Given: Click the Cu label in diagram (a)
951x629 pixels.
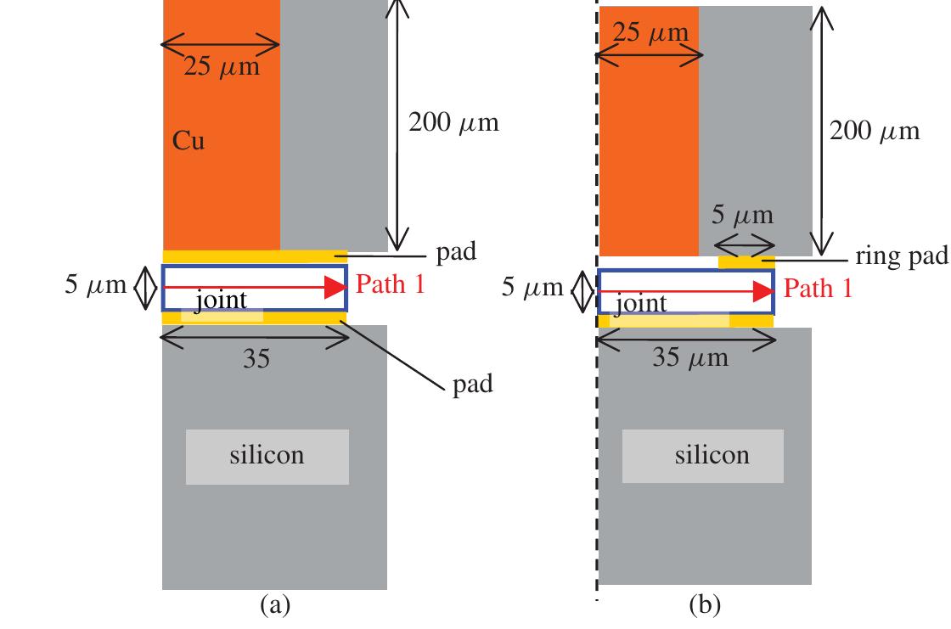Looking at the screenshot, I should point(189,141).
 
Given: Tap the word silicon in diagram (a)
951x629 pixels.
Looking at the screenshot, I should point(267,454).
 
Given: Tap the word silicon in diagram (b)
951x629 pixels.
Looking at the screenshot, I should point(712,454).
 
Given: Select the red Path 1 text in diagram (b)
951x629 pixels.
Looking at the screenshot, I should point(818,289).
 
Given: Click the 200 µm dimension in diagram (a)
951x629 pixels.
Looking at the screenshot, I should point(453,122).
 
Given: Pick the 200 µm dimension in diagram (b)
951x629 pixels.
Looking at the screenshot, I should point(874,132).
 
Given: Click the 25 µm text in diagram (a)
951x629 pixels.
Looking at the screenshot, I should point(222,66).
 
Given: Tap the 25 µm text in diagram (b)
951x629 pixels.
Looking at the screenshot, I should point(650,34).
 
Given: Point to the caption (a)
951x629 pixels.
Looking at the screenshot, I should point(274,604).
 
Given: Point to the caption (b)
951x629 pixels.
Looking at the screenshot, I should point(704,604).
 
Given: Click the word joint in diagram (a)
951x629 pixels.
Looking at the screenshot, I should point(220,300).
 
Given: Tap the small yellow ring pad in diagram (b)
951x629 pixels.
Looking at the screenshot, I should point(746,261).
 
